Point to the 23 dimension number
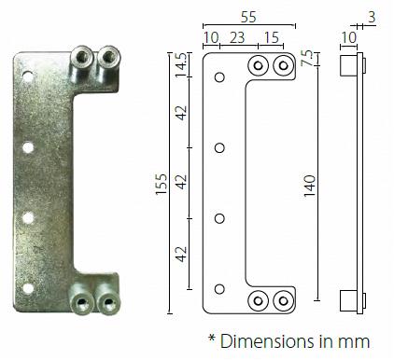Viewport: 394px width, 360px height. pyautogui.click(x=237, y=39)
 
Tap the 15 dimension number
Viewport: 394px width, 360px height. pyautogui.click(x=271, y=39)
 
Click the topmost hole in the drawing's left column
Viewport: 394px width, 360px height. pyautogui.click(x=219, y=77)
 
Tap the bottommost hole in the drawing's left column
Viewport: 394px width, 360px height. pyautogui.click(x=219, y=289)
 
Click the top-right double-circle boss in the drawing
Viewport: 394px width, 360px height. pyautogui.click(x=283, y=64)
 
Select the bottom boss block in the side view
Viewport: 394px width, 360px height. pyautogui.click(x=347, y=300)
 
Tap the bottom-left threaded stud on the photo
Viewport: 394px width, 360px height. pyautogui.click(x=81, y=303)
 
